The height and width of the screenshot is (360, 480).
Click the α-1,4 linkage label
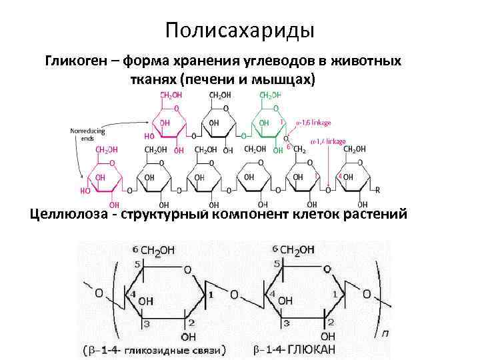coord(328,141)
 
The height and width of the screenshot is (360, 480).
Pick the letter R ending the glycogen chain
coord(377,189)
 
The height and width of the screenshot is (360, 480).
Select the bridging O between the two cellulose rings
coord(233,295)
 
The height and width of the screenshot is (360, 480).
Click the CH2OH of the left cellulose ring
coord(157,250)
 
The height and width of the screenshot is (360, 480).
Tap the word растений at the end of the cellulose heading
coord(381,215)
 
